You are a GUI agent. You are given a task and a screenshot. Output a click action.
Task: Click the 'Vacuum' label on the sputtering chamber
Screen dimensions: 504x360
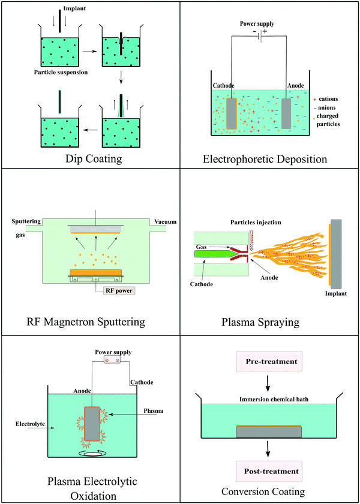165,222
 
